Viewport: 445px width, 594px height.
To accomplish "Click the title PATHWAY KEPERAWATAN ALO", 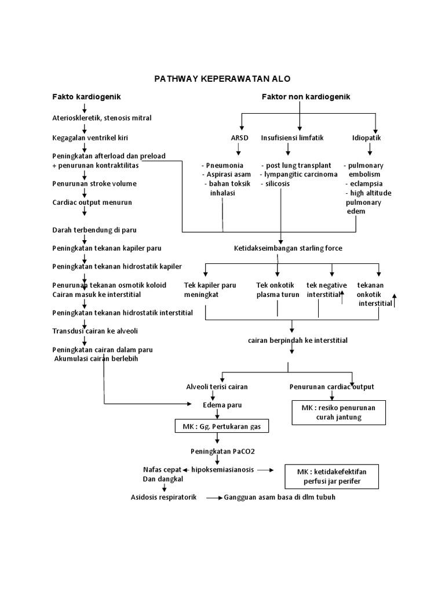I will [222, 78].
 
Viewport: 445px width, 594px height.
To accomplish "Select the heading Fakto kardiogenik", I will [87, 96].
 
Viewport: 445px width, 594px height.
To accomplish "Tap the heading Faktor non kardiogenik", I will [307, 96].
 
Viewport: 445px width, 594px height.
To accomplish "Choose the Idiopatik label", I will [366, 138].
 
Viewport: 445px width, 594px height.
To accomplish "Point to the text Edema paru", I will [218, 405].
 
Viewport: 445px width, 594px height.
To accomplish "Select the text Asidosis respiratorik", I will [164, 498].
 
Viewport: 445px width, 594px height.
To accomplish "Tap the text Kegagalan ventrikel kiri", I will [90, 138].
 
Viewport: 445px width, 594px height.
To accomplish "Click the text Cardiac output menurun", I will [92, 202].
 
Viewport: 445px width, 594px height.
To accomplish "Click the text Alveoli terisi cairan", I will [218, 387].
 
